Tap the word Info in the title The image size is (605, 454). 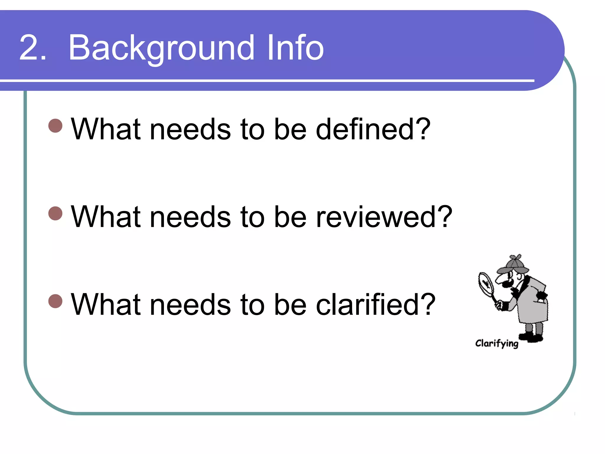pos(295,48)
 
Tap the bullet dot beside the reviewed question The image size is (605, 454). pos(55,213)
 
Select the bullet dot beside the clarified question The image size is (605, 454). pos(55,301)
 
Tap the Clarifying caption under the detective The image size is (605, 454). pos(497,343)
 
